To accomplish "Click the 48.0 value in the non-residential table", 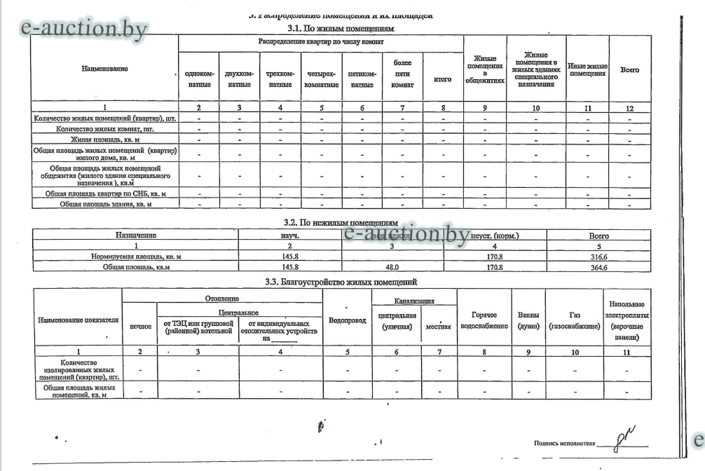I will [392, 267].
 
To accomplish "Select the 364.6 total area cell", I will [598, 267].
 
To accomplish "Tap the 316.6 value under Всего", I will [598, 257].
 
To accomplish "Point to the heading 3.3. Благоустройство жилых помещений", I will [341, 282].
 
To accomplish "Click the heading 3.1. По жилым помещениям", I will [341, 29].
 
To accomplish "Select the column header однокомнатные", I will [199, 78].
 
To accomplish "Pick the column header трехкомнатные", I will [280, 78].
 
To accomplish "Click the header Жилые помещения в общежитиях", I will [484, 69].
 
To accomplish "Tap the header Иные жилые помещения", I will [587, 69].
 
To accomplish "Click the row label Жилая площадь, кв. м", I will [105, 140].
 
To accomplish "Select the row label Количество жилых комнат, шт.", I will [105, 129].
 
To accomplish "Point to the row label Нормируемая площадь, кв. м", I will [136, 257].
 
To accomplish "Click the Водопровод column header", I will [347, 320].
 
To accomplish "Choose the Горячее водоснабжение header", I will [484, 320].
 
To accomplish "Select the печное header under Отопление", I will [141, 327].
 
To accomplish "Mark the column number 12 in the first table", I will [629, 108].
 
